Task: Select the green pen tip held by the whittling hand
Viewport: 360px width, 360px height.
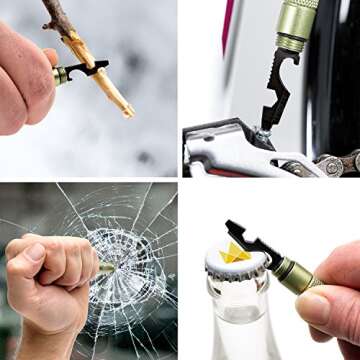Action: click(x=62, y=75)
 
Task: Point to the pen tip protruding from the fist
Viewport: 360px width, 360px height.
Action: click(x=101, y=267)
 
